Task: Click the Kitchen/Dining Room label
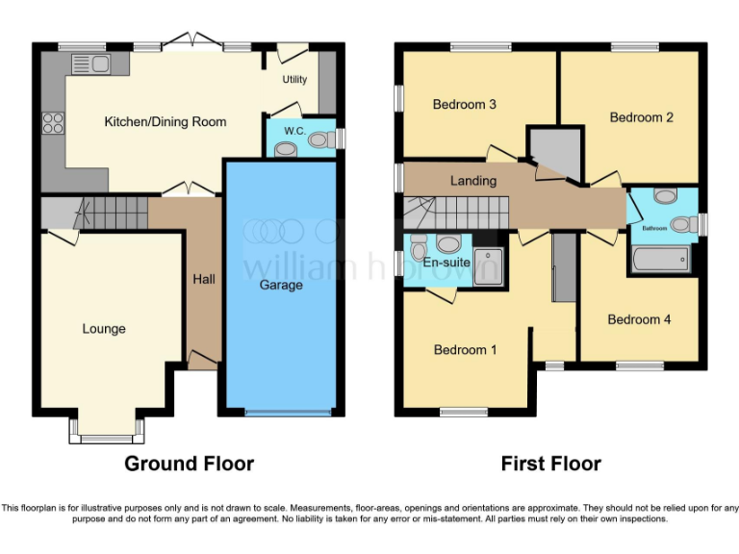pyautogui.click(x=166, y=122)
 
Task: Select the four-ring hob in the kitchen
pyautogui.click(x=52, y=123)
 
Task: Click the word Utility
pyautogui.click(x=294, y=80)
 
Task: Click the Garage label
pyautogui.click(x=281, y=285)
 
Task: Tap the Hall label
pyautogui.click(x=204, y=279)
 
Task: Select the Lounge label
pyautogui.click(x=104, y=329)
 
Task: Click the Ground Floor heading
pyautogui.click(x=190, y=464)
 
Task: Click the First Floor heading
pyautogui.click(x=550, y=464)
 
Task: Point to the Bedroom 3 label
pyautogui.click(x=464, y=104)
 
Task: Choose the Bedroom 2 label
pyautogui.click(x=642, y=117)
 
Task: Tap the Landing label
pyautogui.click(x=473, y=180)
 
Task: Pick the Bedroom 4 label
pyautogui.click(x=640, y=319)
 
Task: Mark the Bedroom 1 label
pyautogui.click(x=465, y=350)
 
